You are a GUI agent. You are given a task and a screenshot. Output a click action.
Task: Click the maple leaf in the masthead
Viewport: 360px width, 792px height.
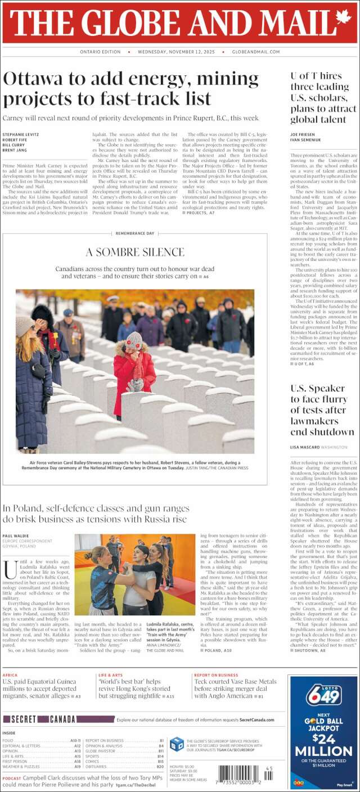(x=343, y=21)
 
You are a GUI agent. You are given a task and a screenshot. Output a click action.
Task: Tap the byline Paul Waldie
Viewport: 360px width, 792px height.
(x=15, y=536)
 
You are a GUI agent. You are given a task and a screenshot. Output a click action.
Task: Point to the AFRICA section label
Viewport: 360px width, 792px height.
(x=10, y=675)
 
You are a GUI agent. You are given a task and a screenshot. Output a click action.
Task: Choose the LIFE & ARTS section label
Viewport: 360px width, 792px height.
(x=110, y=675)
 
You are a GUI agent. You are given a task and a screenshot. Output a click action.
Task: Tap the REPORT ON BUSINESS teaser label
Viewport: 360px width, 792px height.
(x=216, y=675)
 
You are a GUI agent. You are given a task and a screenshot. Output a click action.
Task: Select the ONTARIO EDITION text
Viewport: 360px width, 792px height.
(x=101, y=52)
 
